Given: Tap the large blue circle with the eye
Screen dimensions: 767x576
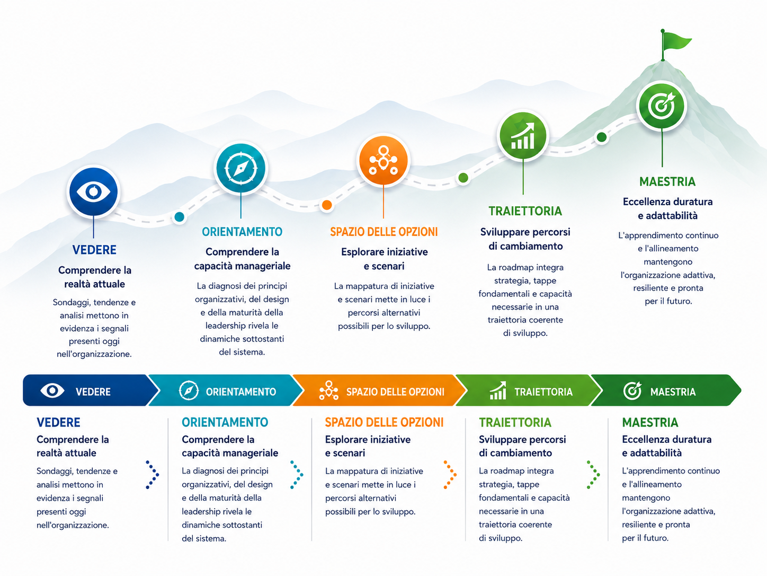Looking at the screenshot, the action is click(93, 191).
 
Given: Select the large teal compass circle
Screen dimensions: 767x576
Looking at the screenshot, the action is click(241, 168).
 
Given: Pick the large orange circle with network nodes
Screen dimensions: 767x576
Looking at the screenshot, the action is click(384, 161).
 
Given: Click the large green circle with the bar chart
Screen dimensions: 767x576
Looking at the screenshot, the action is click(523, 136).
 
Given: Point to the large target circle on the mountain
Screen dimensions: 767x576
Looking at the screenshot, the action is click(662, 106).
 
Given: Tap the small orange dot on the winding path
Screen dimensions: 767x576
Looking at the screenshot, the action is click(327, 205).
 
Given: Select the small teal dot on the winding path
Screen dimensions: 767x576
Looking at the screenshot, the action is click(179, 217).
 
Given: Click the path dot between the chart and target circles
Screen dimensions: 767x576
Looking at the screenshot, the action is click(601, 137).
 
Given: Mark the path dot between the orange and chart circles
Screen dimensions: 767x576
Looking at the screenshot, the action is click(463, 178).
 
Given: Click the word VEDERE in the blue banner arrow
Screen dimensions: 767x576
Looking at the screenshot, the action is click(93, 392).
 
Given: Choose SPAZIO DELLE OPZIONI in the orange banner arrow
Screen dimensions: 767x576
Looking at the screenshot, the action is click(395, 392).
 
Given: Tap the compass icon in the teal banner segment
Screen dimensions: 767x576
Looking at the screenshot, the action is click(189, 390).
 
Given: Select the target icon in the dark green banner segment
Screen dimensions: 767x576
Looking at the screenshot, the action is click(632, 390).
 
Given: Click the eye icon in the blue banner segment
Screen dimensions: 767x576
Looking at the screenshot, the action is click(52, 390).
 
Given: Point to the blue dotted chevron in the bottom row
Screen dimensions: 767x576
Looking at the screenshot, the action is click(153, 475).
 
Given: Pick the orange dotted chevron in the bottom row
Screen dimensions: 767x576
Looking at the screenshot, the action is click(450, 475).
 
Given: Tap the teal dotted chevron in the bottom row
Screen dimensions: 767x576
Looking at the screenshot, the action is click(297, 475).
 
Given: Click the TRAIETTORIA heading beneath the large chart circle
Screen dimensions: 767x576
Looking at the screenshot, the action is click(525, 211).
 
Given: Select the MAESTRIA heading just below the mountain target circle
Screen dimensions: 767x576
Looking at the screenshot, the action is click(667, 182).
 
